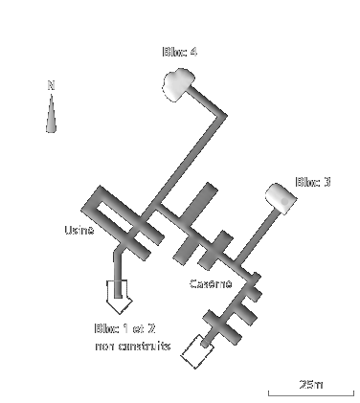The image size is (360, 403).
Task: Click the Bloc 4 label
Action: pos(180,52)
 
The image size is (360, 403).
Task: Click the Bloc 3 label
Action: pos(313,182)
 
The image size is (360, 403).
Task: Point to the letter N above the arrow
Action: pos(51,85)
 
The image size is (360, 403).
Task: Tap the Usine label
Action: pos(79,231)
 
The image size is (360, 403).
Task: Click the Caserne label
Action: pos(210,284)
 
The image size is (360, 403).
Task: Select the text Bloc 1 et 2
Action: pos(124,329)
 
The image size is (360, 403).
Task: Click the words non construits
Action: pos(133,346)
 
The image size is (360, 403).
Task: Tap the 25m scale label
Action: pos(311,384)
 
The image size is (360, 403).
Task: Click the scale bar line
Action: pos(297,393)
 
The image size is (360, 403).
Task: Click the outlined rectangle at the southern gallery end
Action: pos(198,351)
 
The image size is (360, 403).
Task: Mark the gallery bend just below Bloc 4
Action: pos(222,116)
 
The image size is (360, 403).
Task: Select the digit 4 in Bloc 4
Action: pos(194,52)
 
